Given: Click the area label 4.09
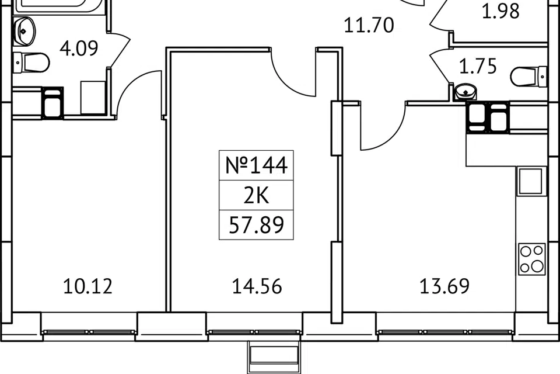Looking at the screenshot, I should (78, 48).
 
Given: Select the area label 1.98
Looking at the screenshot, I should (501, 11).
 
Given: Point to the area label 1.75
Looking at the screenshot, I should (478, 67).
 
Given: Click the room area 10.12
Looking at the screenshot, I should (87, 286).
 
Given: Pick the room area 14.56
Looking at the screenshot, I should (257, 286).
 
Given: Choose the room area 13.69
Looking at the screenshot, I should (444, 286).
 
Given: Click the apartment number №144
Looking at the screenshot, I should (256, 166).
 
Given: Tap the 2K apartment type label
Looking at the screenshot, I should (256, 196).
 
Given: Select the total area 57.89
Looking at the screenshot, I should (256, 225).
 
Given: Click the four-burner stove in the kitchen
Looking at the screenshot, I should (531, 259).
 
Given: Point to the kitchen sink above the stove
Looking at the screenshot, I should (530, 181).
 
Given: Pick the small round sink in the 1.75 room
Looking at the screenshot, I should (466, 91).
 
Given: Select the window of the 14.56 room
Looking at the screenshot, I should (255, 333).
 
